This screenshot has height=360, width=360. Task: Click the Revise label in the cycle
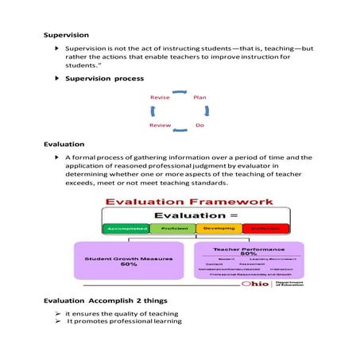160,98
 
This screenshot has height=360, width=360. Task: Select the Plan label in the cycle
200,98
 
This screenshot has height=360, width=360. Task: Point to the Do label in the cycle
200,126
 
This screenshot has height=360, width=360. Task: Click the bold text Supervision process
104,79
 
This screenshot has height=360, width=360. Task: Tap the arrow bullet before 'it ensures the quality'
58,314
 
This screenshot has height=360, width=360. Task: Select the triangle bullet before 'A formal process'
57,159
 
